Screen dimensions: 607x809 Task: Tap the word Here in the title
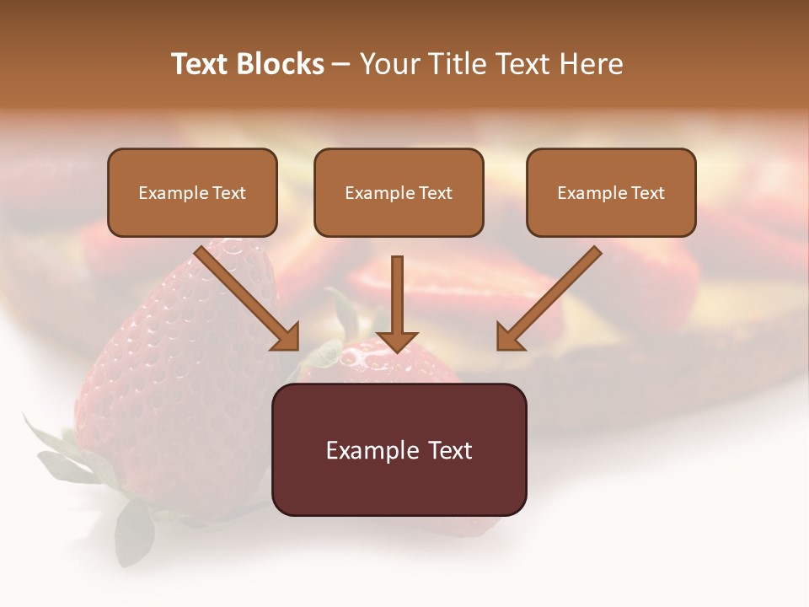tap(592, 64)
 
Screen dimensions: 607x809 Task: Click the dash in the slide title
tap(341, 65)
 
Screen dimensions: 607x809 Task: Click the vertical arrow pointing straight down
tap(397, 295)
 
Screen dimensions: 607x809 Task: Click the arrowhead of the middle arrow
tap(397, 341)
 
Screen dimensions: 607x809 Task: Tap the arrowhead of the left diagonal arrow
tap(287, 338)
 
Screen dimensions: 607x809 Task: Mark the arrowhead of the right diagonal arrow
tap(508, 338)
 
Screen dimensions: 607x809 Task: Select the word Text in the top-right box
tap(647, 193)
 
